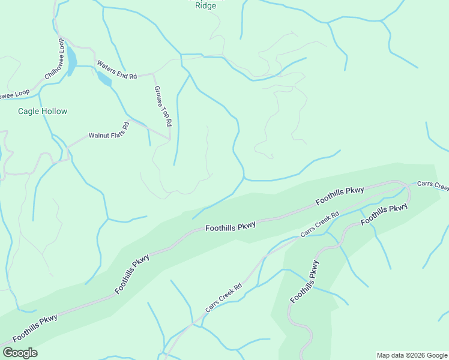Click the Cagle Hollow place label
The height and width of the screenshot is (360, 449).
43,111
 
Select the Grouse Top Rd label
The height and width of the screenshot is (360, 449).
163,106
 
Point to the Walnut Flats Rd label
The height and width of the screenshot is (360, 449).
109,131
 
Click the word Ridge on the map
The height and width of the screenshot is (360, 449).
206,6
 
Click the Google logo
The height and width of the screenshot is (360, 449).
20,353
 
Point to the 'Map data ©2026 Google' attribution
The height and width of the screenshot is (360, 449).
411,355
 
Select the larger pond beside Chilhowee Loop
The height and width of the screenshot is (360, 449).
71,61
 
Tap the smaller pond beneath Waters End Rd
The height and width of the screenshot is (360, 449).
104,79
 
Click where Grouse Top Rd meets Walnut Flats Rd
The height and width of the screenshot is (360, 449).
170,139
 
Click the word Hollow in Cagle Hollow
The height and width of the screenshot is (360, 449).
54,111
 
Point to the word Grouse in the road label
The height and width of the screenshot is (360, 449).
159,95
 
